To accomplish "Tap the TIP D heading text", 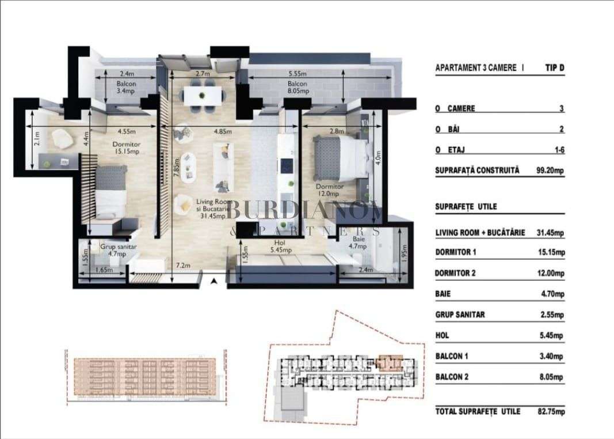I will [x=554, y=67].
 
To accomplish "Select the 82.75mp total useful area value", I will [x=551, y=411].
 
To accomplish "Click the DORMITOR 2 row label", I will [x=456, y=273].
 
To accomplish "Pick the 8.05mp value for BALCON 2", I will [x=552, y=377].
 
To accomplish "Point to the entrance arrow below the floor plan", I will [x=214, y=281].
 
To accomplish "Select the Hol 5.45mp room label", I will [x=281, y=247].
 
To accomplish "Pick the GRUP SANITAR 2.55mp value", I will [x=552, y=315].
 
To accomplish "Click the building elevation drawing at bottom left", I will [x=144, y=377].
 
